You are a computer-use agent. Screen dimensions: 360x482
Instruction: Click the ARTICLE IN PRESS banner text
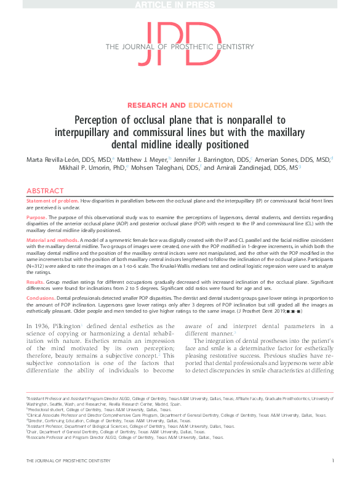[180, 5]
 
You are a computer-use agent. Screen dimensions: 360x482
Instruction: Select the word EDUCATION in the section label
[210, 105]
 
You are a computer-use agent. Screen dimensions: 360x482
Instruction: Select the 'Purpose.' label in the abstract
[36, 217]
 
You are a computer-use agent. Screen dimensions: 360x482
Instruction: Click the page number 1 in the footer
[333, 460]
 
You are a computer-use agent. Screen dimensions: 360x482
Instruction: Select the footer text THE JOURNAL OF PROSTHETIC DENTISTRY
[68, 460]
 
